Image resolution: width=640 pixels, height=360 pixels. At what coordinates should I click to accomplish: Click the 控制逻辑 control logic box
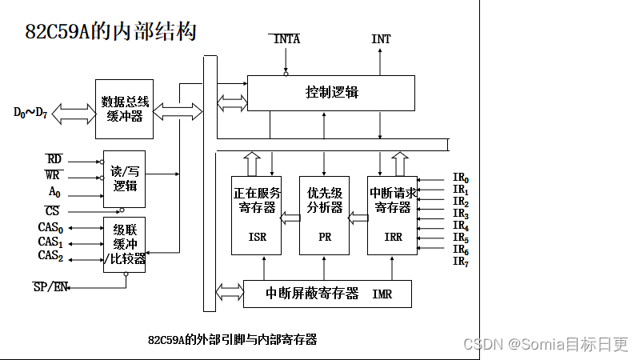pyautogui.click(x=331, y=93)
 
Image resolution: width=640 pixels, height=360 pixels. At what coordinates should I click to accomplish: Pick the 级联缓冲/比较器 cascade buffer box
pyautogui.click(x=124, y=244)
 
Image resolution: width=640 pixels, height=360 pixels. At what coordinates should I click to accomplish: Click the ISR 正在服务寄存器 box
pyautogui.click(x=257, y=215)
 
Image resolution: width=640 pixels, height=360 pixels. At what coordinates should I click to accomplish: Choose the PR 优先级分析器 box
pyautogui.click(x=324, y=215)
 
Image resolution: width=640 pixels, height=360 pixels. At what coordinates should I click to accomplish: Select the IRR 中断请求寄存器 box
pyautogui.click(x=392, y=215)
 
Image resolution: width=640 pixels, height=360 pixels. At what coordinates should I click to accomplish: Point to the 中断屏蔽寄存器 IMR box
pyautogui.click(x=327, y=294)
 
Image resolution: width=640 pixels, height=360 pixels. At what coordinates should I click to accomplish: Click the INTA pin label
pyautogui.click(x=286, y=39)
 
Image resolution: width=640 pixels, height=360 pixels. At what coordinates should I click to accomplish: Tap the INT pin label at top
pyautogui.click(x=381, y=39)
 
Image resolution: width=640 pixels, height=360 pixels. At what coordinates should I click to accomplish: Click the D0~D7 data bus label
pyautogui.click(x=30, y=113)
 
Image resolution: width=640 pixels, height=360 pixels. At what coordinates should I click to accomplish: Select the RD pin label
pyautogui.click(x=54, y=160)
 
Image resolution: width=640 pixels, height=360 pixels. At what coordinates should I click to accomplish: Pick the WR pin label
pyautogui.click(x=54, y=175)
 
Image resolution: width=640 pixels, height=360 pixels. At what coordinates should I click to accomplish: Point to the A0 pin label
pyautogui.click(x=54, y=192)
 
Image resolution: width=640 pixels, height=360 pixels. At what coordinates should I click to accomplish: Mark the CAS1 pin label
pyautogui.click(x=50, y=242)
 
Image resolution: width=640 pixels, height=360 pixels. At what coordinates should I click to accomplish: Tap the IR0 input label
pyautogui.click(x=461, y=178)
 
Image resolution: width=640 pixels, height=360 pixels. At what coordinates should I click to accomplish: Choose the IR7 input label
pyautogui.click(x=461, y=262)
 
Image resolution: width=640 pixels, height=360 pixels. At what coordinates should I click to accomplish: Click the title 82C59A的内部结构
pyautogui.click(x=110, y=32)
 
